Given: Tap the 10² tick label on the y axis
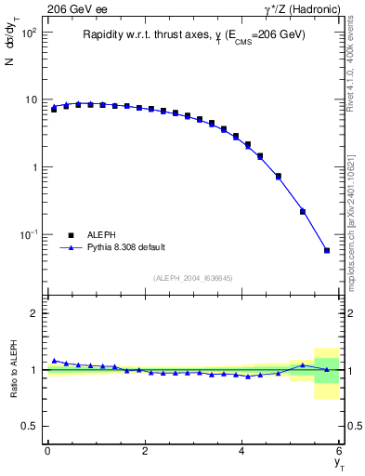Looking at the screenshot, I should coord(27,33).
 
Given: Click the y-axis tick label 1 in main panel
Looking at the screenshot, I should coord(33,167).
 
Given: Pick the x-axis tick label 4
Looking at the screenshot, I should coord(241,450).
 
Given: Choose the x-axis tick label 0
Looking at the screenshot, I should coord(46,450).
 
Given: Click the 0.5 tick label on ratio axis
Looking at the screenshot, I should coord(30,426).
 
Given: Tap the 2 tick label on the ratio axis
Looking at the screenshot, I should coord(33,313).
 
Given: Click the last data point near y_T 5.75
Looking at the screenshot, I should coord(327,250).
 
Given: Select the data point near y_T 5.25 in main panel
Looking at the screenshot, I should coord(303,211).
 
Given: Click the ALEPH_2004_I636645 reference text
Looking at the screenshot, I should coord(192,278).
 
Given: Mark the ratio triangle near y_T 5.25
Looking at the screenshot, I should coord(303,364).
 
